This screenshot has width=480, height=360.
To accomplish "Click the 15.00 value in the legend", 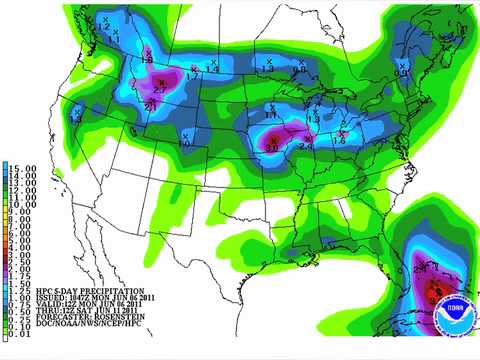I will coord(22,167).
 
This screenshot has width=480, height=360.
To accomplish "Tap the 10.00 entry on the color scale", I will coord(22,204).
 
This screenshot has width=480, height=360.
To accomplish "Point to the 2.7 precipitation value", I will coord(159,92).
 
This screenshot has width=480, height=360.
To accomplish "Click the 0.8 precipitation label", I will coord(399,72).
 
